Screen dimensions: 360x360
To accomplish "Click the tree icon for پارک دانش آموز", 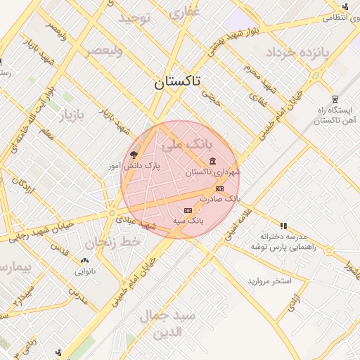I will point(134,155).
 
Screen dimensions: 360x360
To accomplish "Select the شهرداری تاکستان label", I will point(213,172).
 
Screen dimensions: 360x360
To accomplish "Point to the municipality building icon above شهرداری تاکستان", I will point(213,162).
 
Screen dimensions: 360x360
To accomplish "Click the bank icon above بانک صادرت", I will point(220,188).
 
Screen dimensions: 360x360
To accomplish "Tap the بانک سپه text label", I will point(188,221).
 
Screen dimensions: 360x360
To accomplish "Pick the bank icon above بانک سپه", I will point(188,211).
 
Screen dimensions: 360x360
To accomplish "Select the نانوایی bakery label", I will point(84,271).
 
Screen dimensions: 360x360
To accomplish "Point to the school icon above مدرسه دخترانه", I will point(283,226).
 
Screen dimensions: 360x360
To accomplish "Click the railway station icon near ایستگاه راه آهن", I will point(335,99).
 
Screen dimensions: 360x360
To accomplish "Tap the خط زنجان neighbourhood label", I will point(113,243).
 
